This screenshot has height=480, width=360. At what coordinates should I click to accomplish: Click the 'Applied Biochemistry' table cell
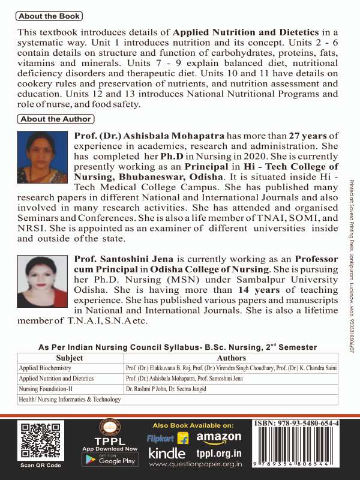pos(48,368)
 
